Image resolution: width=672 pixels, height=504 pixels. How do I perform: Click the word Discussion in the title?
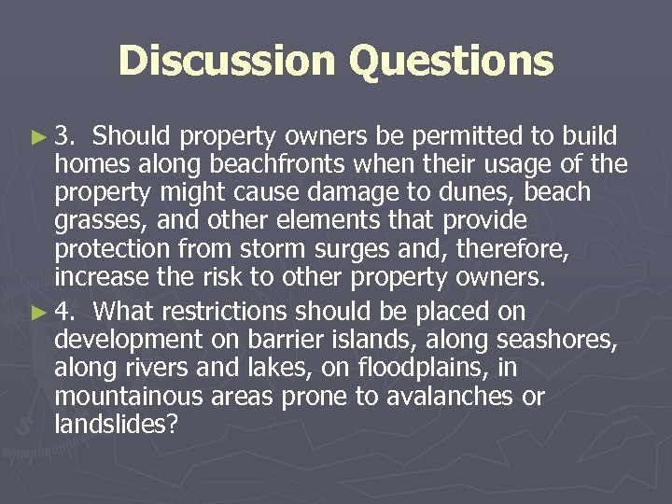pos(227,62)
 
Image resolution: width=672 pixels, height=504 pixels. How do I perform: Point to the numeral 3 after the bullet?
pos(64,137)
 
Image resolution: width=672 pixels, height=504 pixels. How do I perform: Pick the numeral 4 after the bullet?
pos(64,312)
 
